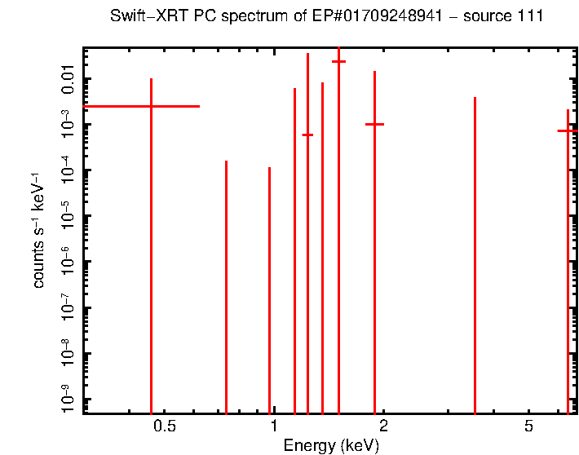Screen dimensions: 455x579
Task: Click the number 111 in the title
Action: pos(530,16)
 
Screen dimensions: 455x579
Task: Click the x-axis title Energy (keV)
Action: pos(330,445)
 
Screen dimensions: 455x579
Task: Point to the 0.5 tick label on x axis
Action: pos(165,426)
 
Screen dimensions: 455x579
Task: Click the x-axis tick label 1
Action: pos(274,426)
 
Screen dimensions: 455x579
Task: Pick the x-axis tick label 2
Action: pos(383,426)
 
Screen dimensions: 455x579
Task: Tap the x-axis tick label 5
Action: pos(528,426)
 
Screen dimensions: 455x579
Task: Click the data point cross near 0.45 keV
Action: pos(151,106)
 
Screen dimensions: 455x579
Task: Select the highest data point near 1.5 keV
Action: pos(338,61)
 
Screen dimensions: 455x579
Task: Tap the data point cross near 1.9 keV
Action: pos(374,124)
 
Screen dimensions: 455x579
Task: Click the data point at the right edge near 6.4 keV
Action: pos(568,130)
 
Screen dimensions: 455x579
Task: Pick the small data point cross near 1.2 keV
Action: pos(307,135)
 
